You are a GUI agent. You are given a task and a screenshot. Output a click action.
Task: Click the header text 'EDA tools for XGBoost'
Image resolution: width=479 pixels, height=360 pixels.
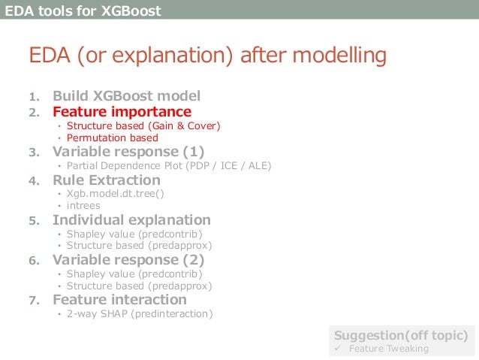(83, 11)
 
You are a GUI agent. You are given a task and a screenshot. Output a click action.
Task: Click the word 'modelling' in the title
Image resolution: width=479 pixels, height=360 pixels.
(339, 56)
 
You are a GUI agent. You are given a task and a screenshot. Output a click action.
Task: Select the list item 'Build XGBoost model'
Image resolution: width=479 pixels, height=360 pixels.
(126, 95)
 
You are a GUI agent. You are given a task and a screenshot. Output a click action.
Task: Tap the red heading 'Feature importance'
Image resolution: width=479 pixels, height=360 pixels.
(122, 112)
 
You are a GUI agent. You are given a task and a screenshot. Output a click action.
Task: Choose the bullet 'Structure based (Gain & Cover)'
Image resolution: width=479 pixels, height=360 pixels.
(143, 126)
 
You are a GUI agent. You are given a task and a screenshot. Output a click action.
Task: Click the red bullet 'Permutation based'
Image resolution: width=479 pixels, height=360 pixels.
(113, 138)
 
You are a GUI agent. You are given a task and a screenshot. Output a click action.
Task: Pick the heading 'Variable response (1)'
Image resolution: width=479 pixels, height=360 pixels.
(128, 152)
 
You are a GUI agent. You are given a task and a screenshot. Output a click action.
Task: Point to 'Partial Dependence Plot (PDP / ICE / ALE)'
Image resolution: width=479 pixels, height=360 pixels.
(169, 166)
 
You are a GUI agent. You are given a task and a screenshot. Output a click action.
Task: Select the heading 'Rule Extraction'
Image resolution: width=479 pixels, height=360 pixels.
(107, 180)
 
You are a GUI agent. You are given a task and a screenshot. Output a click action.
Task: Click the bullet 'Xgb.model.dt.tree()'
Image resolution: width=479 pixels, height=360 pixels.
(115, 194)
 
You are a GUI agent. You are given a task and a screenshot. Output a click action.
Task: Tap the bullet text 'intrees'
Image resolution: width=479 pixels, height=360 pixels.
(83, 205)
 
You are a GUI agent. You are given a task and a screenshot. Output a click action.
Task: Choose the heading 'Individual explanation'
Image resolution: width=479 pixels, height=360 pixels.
(131, 220)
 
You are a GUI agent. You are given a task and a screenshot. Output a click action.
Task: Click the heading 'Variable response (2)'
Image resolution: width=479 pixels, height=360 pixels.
(128, 260)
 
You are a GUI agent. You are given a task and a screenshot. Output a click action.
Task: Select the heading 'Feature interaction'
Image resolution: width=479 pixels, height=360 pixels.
(120, 299)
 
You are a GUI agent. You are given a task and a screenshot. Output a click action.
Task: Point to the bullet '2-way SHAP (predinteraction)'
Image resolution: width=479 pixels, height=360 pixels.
(140, 314)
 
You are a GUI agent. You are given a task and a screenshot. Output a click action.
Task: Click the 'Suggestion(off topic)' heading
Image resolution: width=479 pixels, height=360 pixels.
(401, 335)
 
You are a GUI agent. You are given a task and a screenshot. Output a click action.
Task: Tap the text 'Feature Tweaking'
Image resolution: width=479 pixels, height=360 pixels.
(389, 349)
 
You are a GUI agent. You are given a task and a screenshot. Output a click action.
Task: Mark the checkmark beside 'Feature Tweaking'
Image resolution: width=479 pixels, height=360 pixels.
(338, 348)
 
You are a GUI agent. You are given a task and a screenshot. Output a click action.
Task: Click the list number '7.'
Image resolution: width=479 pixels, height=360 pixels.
(35, 301)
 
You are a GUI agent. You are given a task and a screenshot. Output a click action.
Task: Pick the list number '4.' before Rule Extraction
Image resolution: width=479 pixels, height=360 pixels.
(35, 181)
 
